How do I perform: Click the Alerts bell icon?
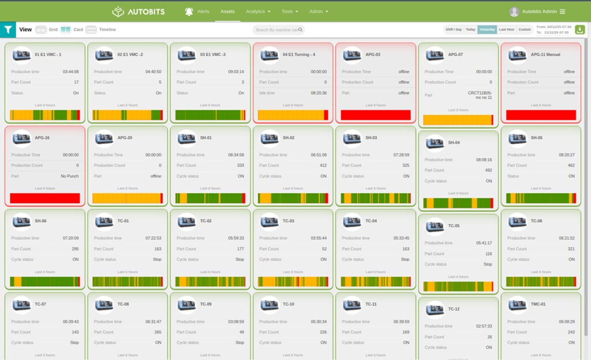click(189, 12)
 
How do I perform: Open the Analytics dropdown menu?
click(257, 12)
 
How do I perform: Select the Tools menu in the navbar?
click(290, 12)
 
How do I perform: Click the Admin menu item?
click(319, 12)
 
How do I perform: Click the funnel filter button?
click(8, 29)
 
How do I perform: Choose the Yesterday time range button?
click(487, 29)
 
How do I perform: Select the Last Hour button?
click(506, 29)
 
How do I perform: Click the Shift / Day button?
click(453, 29)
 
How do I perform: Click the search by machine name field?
click(277, 30)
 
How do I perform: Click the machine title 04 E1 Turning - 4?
click(299, 55)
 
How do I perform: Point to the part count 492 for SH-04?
click(488, 170)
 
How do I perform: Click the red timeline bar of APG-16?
click(45, 198)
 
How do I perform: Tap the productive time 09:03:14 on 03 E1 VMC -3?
click(235, 72)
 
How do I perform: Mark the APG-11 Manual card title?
click(545, 55)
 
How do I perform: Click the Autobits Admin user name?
click(539, 12)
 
